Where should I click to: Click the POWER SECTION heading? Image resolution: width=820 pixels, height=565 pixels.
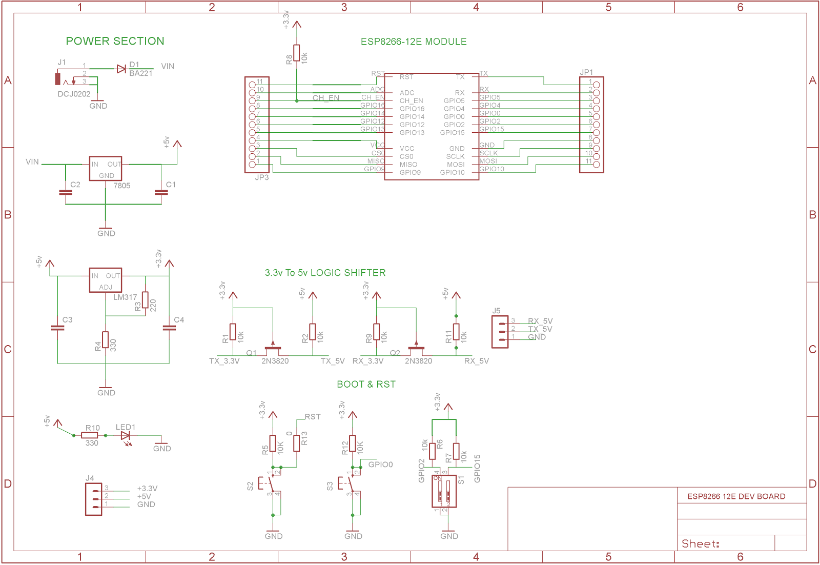115,41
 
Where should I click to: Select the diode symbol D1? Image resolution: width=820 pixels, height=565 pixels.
121,69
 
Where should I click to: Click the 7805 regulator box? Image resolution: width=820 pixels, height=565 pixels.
106,169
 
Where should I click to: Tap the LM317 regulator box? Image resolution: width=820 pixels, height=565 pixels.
106,280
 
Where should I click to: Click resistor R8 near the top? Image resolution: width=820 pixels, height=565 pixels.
297,53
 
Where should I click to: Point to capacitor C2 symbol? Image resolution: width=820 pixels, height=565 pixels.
66,193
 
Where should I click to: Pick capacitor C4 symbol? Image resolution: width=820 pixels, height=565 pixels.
169,327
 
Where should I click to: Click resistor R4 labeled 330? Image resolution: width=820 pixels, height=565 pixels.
106,340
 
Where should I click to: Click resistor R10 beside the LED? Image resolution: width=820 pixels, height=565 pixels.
90,435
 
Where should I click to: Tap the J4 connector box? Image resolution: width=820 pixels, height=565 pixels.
93,499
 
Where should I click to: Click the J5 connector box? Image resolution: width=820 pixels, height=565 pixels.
500,332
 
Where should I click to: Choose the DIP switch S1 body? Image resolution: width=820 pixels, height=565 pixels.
444,491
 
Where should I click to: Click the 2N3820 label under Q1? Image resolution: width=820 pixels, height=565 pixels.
275,361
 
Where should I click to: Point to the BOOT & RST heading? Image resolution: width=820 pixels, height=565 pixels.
366,385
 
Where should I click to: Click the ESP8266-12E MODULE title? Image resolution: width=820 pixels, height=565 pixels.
414,42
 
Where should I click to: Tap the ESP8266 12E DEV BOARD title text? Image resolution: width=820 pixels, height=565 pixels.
736,496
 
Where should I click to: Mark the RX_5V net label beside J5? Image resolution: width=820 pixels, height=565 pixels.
540,321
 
